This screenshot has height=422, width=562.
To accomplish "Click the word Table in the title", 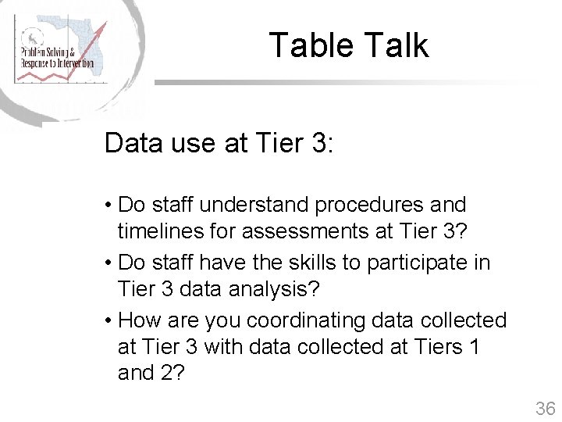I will pyautogui.click(x=310, y=45).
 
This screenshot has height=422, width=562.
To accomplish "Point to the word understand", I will pyautogui.click(x=254, y=205).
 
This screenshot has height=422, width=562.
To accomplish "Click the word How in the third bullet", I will pyautogui.click(x=139, y=320).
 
